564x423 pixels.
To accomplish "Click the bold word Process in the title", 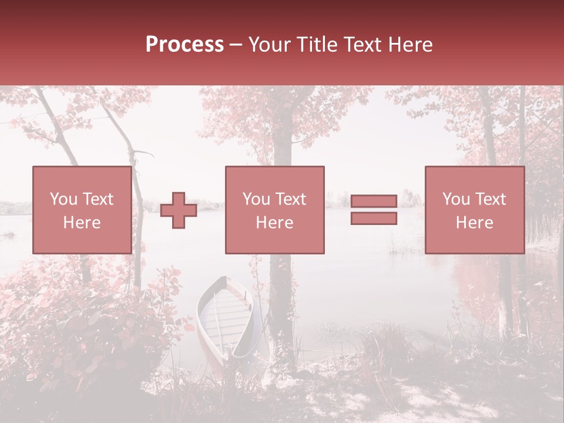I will point(184,45).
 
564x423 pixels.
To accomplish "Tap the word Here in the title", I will point(409,45).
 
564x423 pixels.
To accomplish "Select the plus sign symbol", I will point(179,210).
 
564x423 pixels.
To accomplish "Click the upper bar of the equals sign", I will point(374,202).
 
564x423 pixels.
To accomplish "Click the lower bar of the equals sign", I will point(374,219).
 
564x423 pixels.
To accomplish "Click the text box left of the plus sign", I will point(82,210).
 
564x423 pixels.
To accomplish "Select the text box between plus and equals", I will point(274,210).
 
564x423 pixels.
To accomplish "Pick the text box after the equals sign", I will point(474,210).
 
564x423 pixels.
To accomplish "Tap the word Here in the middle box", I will point(274,223).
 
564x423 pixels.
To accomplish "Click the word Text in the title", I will point(362,45).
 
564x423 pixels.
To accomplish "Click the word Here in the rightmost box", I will point(474,223).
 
